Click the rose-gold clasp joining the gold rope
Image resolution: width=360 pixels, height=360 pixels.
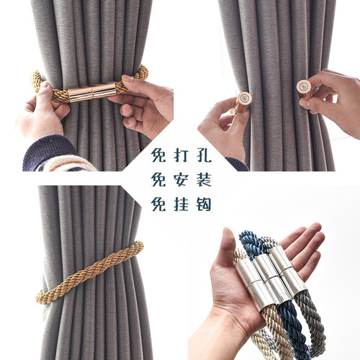(92, 92)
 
